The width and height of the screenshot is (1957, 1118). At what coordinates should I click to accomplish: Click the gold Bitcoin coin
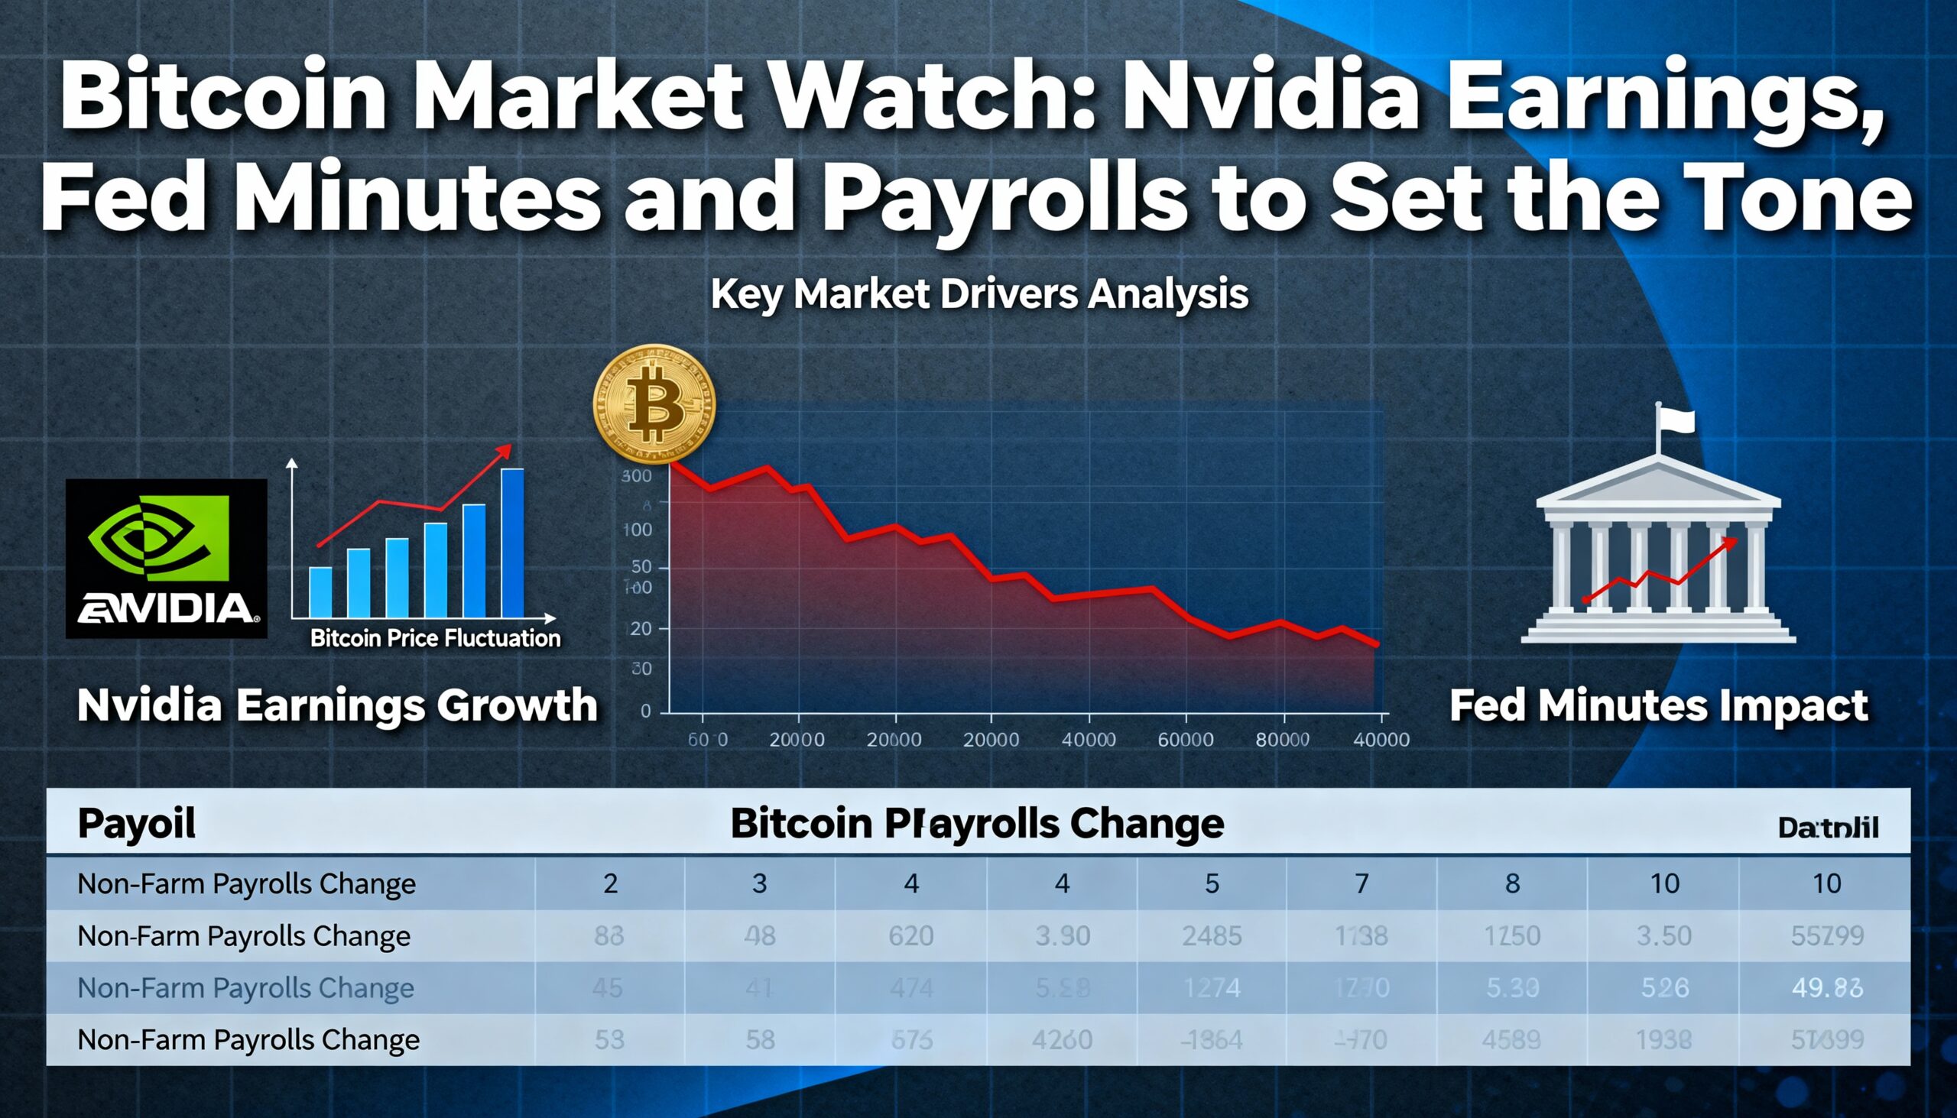[654, 404]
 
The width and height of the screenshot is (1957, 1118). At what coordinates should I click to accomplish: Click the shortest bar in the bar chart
[320, 591]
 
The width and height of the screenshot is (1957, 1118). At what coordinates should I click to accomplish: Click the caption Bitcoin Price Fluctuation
[435, 638]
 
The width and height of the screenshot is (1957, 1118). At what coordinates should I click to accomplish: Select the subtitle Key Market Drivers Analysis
[979, 294]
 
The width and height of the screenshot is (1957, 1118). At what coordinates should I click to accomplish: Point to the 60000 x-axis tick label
[1185, 740]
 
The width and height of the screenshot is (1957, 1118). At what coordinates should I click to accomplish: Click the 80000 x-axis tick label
[1282, 740]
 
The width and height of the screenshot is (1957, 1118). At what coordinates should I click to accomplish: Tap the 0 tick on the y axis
[645, 711]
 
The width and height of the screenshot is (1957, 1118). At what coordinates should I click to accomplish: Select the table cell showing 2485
[1211, 936]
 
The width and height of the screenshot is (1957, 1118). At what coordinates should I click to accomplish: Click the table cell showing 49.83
[1826, 987]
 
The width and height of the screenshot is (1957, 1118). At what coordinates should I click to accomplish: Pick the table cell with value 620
[910, 936]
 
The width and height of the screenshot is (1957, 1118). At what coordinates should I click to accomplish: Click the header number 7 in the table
[1361, 884]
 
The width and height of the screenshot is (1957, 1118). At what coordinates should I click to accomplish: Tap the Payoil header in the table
[137, 823]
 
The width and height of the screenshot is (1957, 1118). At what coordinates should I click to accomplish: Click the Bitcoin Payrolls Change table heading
[977, 824]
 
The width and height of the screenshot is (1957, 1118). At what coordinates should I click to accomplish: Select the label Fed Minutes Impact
[1658, 705]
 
